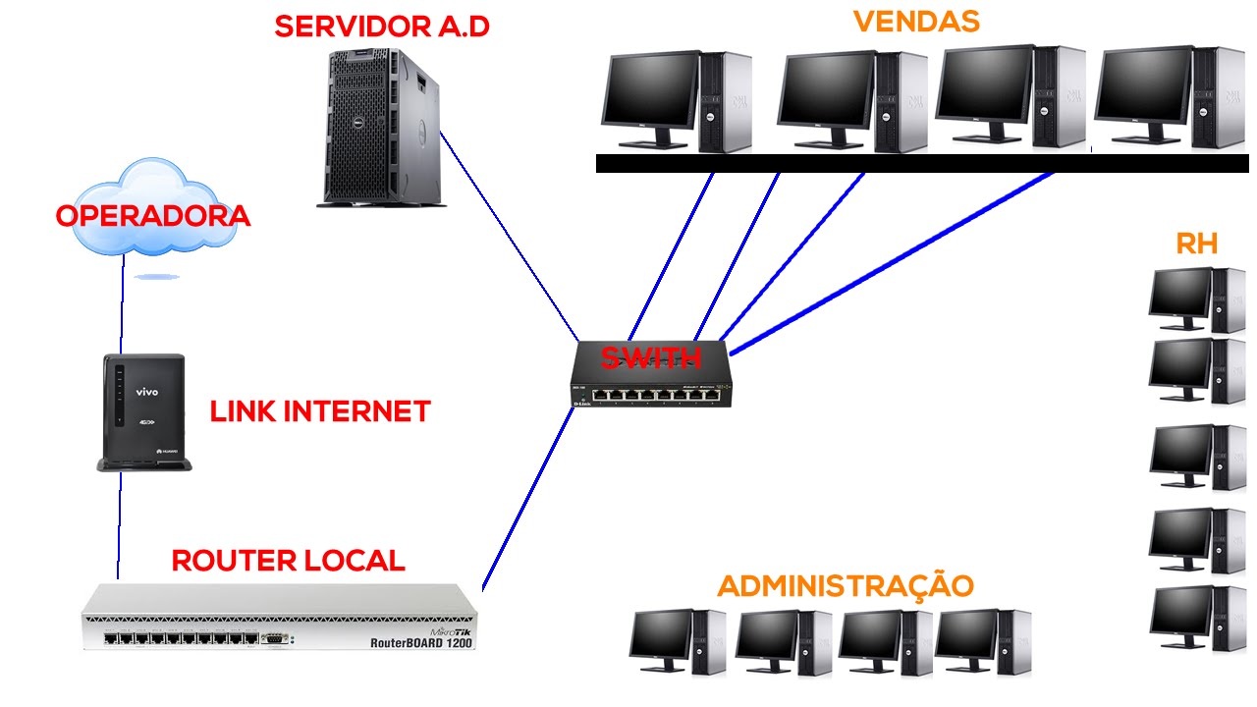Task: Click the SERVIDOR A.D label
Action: pyautogui.click(x=381, y=26)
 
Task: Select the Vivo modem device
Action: pyautogui.click(x=143, y=412)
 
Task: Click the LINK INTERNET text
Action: pyautogui.click(x=320, y=411)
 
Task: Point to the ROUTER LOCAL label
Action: pyautogui.click(x=288, y=561)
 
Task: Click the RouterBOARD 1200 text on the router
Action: pyautogui.click(x=420, y=643)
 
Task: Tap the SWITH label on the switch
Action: pyautogui.click(x=650, y=358)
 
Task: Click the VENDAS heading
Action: pyautogui.click(x=915, y=22)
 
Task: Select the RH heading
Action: pyautogui.click(x=1196, y=244)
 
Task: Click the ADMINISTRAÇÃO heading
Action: pyautogui.click(x=845, y=586)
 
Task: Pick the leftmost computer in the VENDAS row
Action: pyautogui.click(x=676, y=101)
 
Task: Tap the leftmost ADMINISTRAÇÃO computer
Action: pyautogui.click(x=678, y=642)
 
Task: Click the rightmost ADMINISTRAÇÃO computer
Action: pyautogui.click(x=982, y=642)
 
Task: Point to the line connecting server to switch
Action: pyautogui.click(x=509, y=236)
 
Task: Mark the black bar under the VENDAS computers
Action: pyautogui.click(x=923, y=163)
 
